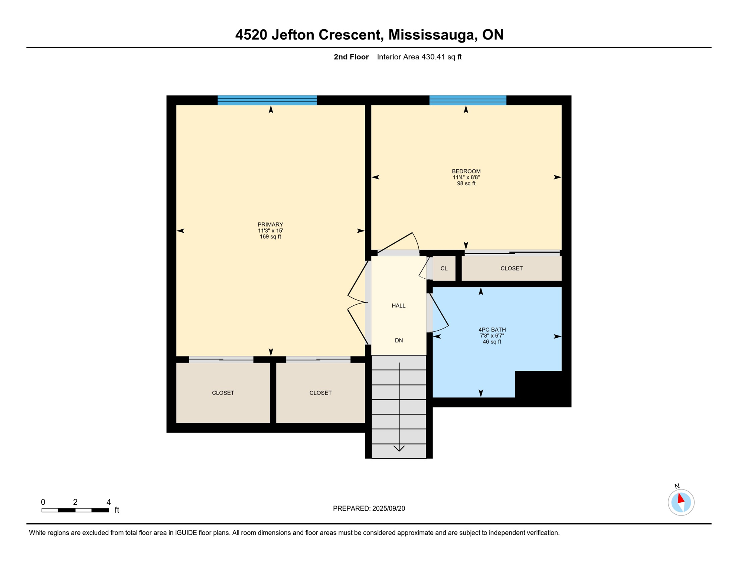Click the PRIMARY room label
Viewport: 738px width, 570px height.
pos(270,225)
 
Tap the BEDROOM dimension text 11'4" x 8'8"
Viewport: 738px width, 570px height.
pos(466,177)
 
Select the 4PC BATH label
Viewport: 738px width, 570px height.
pos(492,330)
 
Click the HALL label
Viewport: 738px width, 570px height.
pos(398,306)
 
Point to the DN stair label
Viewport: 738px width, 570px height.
pos(399,340)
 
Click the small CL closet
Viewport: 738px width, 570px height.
pos(444,268)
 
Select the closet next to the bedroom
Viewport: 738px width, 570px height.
pos(511,268)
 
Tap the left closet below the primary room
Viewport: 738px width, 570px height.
pos(223,393)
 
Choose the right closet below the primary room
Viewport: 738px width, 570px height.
pos(320,393)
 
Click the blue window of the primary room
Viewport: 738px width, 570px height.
pos(267,100)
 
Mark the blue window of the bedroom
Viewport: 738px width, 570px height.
pos(468,100)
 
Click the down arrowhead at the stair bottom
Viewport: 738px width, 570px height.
pos(399,448)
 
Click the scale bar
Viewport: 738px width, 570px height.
pos(75,510)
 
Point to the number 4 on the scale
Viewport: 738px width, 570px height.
pos(109,502)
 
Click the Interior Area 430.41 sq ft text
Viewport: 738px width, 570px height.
pos(419,57)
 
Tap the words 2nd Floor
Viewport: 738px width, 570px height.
pos(351,57)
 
